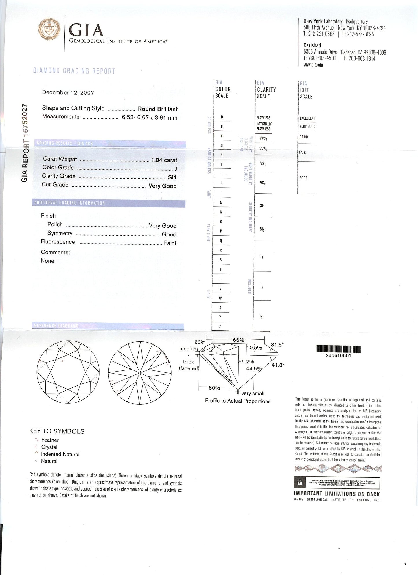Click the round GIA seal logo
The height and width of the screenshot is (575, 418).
click(x=49, y=30)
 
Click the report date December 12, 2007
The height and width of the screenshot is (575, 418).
click(x=68, y=93)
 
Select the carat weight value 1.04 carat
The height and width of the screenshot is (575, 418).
click(x=164, y=160)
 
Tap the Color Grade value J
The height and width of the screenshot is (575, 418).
click(x=176, y=169)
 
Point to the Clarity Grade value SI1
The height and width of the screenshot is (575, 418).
click(x=172, y=177)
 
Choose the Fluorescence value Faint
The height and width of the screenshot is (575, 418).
click(x=170, y=243)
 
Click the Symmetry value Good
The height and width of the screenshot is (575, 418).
click(x=169, y=234)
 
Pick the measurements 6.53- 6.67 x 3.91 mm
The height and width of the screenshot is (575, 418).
click(x=150, y=118)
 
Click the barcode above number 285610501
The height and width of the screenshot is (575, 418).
click(x=338, y=349)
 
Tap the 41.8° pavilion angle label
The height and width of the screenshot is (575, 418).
click(x=278, y=365)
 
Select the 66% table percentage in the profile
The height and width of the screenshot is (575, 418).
click(x=238, y=340)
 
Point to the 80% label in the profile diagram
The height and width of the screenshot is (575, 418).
click(x=214, y=388)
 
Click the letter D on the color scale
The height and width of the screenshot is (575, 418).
click(x=222, y=117)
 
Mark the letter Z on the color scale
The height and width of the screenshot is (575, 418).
click(x=220, y=327)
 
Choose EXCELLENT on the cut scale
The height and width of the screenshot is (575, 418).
click(x=307, y=118)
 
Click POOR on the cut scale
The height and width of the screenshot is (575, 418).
click(x=303, y=178)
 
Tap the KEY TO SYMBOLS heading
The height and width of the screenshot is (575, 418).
click(x=57, y=431)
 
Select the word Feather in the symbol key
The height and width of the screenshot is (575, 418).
click(x=50, y=440)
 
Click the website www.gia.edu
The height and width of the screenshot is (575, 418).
click(x=313, y=65)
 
